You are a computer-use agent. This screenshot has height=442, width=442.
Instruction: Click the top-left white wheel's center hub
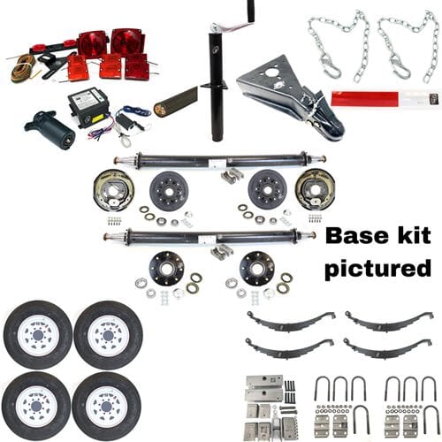(37, 334)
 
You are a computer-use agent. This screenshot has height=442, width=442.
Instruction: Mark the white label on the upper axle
(215, 163)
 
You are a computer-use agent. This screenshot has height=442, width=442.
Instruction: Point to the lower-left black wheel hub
(166, 268)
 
